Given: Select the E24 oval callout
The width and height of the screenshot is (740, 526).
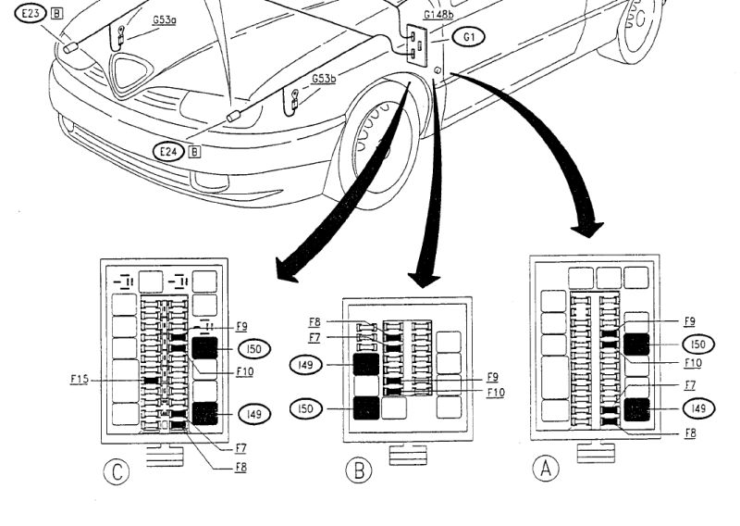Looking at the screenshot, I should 169,153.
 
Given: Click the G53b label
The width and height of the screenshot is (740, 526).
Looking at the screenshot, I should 323,79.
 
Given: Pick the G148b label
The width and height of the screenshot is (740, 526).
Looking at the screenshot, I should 438,16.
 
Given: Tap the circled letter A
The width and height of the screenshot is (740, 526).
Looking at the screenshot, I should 547,469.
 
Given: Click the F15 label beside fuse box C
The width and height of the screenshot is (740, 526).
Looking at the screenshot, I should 80,379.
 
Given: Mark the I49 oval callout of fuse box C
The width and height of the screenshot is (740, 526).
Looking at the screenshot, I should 253,413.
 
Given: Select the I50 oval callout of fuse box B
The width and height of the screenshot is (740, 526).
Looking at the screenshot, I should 305,407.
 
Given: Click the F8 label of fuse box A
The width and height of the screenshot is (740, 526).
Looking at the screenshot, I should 689,433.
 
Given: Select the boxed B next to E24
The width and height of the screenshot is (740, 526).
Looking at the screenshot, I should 194,153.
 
